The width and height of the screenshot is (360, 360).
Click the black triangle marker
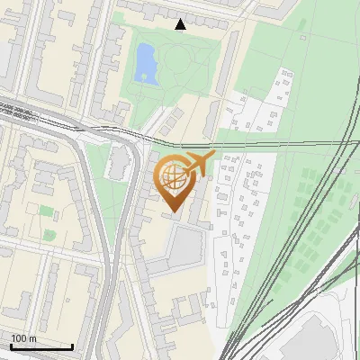click(181, 24)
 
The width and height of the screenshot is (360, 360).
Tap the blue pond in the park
click(144, 63)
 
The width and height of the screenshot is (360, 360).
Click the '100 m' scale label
click(24, 338)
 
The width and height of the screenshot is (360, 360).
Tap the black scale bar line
click(41, 346)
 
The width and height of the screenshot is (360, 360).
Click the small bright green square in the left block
click(46, 211)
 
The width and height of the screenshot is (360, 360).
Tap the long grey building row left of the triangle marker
click(144, 13)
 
